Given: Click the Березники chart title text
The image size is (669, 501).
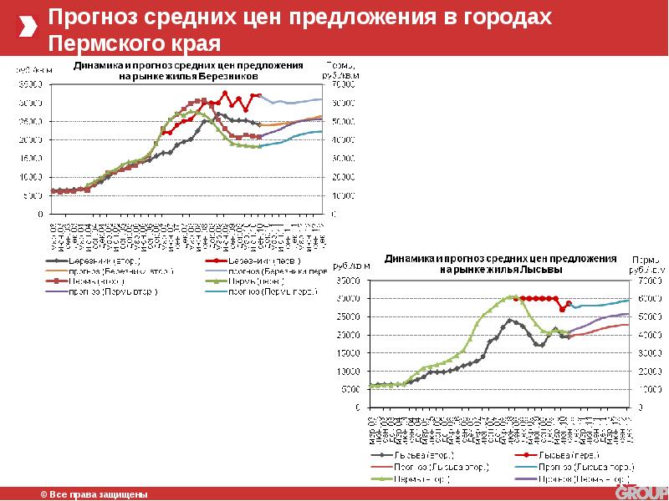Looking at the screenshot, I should point(188,70).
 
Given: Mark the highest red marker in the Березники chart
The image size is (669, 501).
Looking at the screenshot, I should point(224,93).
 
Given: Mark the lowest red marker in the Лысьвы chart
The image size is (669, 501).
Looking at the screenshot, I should point(563,310).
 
